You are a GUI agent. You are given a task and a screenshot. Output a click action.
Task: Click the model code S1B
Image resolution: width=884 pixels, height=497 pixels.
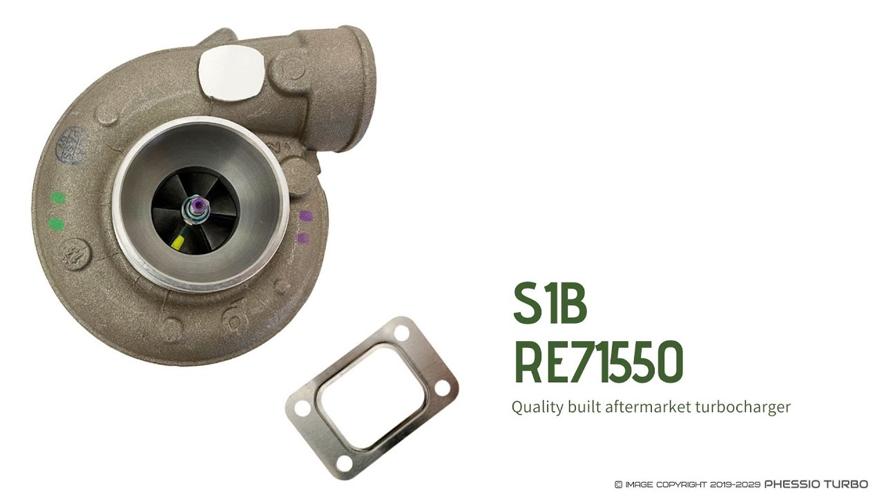coord(550,304)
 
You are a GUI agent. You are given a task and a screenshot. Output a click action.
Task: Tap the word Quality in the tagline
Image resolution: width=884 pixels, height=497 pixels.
coord(535,407)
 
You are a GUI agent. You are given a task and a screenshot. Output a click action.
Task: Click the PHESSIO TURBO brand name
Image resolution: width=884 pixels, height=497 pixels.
coord(816,485)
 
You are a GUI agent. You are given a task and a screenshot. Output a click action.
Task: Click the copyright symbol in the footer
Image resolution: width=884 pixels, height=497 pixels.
coord(618,485)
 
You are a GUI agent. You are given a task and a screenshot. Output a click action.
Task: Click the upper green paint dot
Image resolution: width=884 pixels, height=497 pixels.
coord(59,198)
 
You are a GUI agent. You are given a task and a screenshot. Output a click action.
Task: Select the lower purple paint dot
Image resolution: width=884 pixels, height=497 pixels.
coord(302,239)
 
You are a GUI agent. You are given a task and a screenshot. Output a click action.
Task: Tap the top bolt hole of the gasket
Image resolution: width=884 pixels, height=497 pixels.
coord(401,334)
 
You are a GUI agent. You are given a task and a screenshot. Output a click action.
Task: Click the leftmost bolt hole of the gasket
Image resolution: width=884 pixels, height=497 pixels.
coord(302,409)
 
